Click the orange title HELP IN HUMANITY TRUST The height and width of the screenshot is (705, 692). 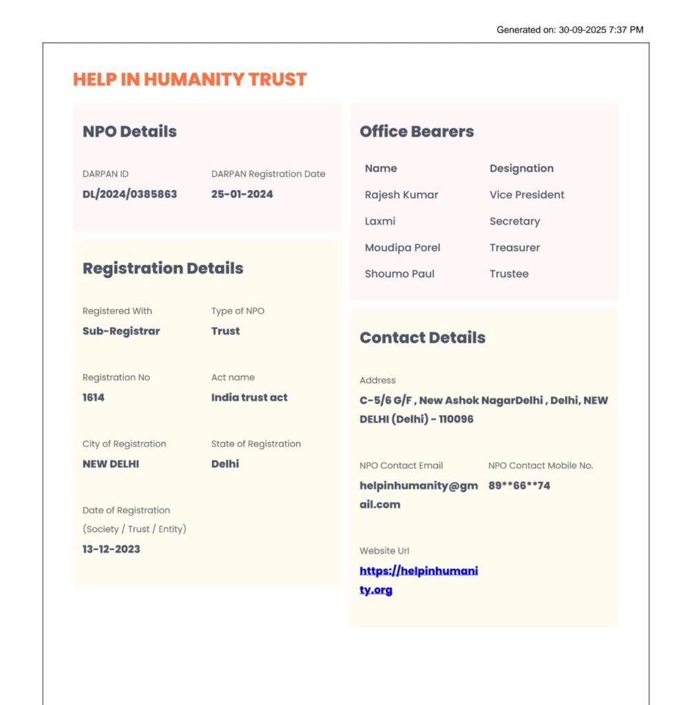189,79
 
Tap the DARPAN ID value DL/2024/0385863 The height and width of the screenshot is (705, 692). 129,194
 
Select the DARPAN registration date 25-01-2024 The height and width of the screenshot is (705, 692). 242,194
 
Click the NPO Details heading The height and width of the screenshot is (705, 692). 129,131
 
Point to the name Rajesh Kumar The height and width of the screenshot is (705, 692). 401,195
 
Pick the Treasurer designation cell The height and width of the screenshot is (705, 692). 514,248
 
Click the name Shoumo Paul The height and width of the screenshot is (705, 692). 399,274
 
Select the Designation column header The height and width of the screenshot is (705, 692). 521,169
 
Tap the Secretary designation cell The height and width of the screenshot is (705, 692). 514,222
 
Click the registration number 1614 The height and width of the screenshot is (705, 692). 94,397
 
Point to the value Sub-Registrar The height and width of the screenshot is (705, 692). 121,331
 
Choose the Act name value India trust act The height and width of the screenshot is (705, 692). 249,397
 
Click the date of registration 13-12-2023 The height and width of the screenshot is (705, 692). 111,549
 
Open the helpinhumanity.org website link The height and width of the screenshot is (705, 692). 418,571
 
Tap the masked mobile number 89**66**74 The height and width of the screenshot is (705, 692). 519,486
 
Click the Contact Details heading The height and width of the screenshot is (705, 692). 422,337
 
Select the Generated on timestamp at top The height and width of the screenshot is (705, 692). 569,30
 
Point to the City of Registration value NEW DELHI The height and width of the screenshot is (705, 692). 111,464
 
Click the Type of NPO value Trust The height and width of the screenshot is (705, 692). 225,331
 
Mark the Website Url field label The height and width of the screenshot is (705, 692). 384,551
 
